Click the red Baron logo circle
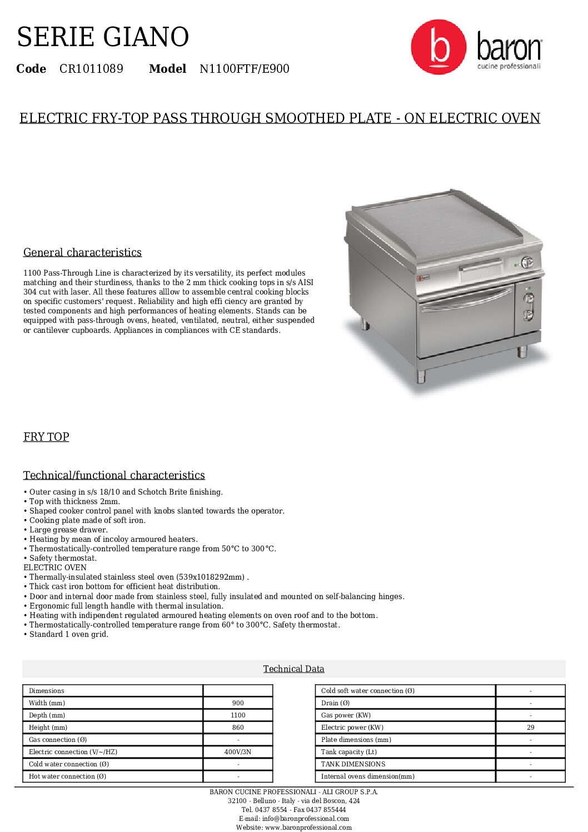click(x=438, y=47)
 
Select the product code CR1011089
click(x=91, y=69)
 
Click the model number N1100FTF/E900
click(x=244, y=69)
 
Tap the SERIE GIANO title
click(x=103, y=37)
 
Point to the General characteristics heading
click(x=82, y=252)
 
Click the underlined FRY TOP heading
click(x=46, y=437)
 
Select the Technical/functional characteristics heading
click(x=114, y=475)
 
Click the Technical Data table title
click(x=293, y=669)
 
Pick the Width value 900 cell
click(x=238, y=703)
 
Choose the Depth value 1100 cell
click(x=238, y=715)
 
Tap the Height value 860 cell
click(x=238, y=728)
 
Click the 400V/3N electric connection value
click(x=238, y=752)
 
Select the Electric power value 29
click(x=530, y=728)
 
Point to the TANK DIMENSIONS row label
click(x=353, y=764)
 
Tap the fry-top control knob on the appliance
click(x=526, y=262)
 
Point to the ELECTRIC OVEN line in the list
click(x=55, y=567)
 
